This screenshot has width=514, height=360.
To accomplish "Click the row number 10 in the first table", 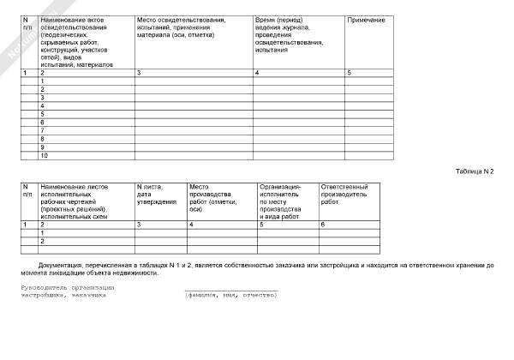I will click(x=45, y=155).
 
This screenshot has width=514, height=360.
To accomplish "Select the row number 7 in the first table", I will click(x=43, y=130).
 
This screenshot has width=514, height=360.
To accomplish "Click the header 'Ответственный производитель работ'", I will click(x=344, y=194).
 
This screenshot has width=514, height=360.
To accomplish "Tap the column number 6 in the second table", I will click(x=322, y=225).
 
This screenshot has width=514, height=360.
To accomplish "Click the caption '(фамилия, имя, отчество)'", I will click(x=231, y=295).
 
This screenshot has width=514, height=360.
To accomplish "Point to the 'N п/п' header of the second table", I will click(x=27, y=190).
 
